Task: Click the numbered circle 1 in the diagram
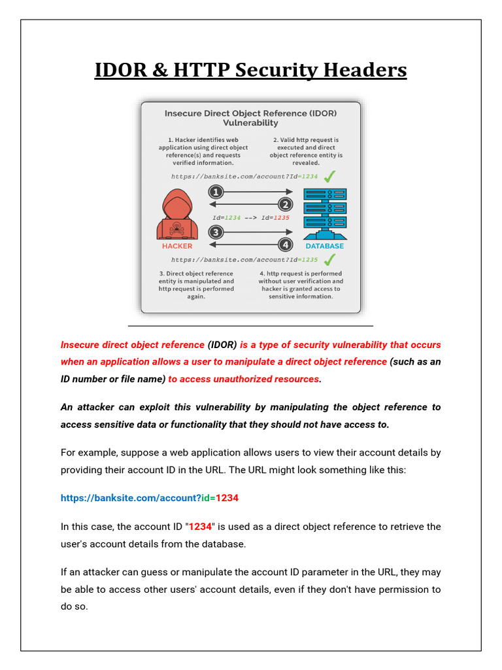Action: tap(216, 192)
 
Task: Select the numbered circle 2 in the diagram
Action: tap(285, 203)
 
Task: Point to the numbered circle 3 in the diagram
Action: tap(216, 232)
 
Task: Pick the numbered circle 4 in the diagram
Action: tap(285, 245)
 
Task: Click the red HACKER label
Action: tap(177, 246)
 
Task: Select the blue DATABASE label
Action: tap(325, 246)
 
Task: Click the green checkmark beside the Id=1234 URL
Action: tap(330, 176)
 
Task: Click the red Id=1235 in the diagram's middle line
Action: tap(274, 218)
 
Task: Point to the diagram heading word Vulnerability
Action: tap(250, 123)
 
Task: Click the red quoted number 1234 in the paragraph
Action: tap(200, 527)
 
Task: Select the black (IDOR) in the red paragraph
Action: tap(222, 345)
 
